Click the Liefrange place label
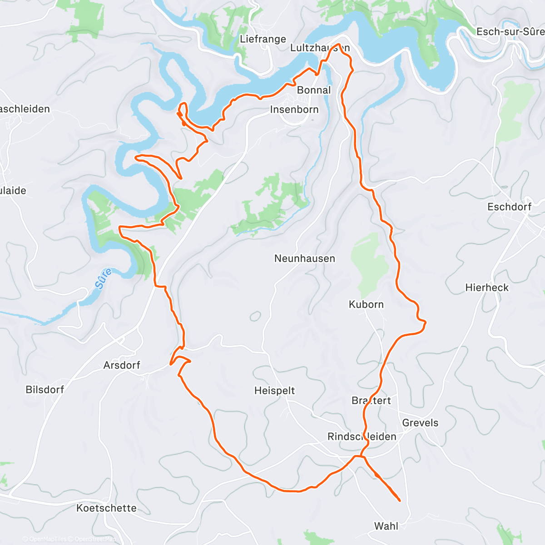pyautogui.click(x=263, y=39)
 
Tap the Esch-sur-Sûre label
pyautogui.click(x=510, y=31)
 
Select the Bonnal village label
pyautogui.click(x=314, y=90)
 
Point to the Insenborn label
pyautogui.click(x=294, y=109)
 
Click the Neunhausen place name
pyautogui.click(x=305, y=258)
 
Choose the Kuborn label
pyautogui.click(x=366, y=304)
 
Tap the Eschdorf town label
pyautogui.click(x=509, y=207)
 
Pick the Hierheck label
pyautogui.click(x=487, y=287)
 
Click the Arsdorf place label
pyautogui.click(x=122, y=365)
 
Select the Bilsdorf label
pyautogui.click(x=45, y=389)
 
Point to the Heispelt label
pyautogui.click(x=274, y=391)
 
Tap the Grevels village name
pyautogui.click(x=420, y=423)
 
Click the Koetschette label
pyautogui.click(x=106, y=508)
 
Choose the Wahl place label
pyautogui.click(x=386, y=526)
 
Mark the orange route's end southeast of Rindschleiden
pyautogui.click(x=399, y=500)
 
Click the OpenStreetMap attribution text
pyautogui.click(x=95, y=539)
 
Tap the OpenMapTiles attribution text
pyautogui.click(x=48, y=539)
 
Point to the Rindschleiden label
pyautogui.click(x=362, y=436)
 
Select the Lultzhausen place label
pyautogui.click(x=320, y=48)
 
